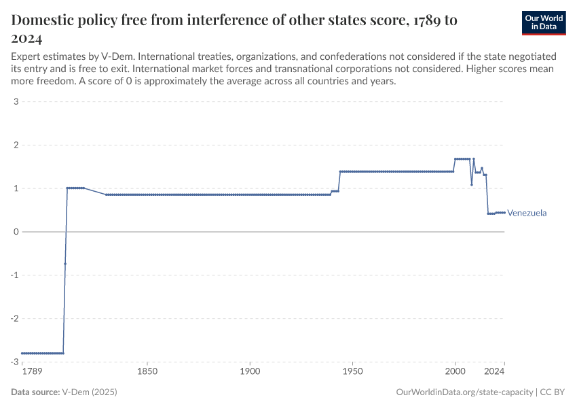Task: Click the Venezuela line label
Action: click(527, 213)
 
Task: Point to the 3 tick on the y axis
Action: click(16, 102)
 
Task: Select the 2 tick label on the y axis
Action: click(16, 145)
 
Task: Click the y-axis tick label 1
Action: click(16, 188)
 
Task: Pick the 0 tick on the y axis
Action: click(16, 232)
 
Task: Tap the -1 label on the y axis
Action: click(14, 275)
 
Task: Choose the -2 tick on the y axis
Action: click(14, 318)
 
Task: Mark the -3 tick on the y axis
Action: click(14, 362)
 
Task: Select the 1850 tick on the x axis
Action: click(147, 372)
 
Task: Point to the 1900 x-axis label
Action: click(250, 372)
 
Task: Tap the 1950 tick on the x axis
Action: click(352, 372)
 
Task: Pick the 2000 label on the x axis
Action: click(455, 372)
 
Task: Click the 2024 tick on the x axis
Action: click(495, 372)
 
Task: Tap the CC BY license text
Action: click(553, 392)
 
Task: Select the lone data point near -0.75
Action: click(65, 264)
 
